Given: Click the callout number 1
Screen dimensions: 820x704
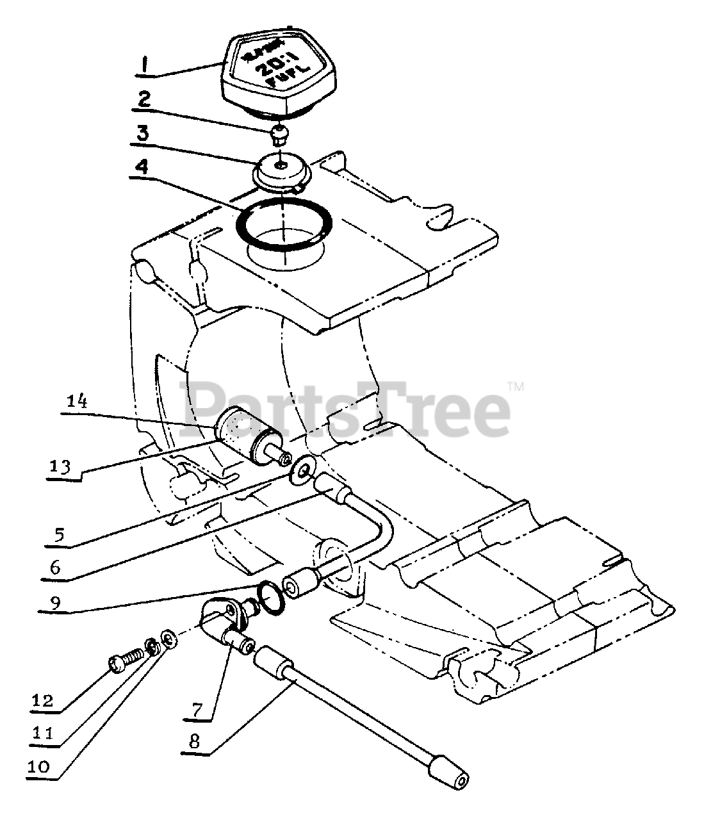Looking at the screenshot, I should coord(145,65).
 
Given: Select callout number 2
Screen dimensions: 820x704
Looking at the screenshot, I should coord(144,99).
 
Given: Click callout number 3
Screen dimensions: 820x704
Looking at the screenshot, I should coord(143,135).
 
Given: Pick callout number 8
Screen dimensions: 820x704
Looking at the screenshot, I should coord(195,742).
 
